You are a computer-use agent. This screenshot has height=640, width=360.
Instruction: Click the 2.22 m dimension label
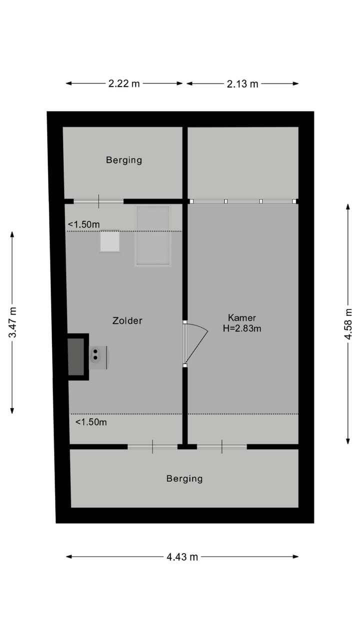coord(124,83)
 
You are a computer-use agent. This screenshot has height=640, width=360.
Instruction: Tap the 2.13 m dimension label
coord(242,83)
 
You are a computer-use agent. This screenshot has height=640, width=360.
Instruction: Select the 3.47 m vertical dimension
coord(12,322)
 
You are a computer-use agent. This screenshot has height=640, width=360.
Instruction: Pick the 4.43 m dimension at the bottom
coord(182,556)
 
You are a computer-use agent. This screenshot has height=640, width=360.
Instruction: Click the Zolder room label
coord(127,320)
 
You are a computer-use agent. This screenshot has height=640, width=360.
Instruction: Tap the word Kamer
coord(242,317)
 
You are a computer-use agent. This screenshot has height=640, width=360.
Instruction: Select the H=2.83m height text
coord(242,328)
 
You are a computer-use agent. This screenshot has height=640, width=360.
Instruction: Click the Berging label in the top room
coord(124,160)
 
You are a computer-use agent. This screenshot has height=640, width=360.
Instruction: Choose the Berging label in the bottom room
coord(184,478)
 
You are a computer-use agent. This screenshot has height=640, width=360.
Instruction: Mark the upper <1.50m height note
coord(83,224)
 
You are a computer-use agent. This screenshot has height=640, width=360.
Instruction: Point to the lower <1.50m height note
coord(91,422)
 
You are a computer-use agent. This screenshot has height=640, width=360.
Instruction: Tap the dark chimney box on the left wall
coord(76,356)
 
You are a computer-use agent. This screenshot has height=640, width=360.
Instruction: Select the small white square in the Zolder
coord(110,241)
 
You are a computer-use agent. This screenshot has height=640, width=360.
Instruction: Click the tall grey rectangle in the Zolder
coord(153,235)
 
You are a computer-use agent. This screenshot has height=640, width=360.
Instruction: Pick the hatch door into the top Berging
coord(98,201)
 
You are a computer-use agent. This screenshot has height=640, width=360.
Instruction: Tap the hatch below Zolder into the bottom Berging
coord(152,446)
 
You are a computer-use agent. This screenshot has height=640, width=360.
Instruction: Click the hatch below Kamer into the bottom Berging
coord(222,446)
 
